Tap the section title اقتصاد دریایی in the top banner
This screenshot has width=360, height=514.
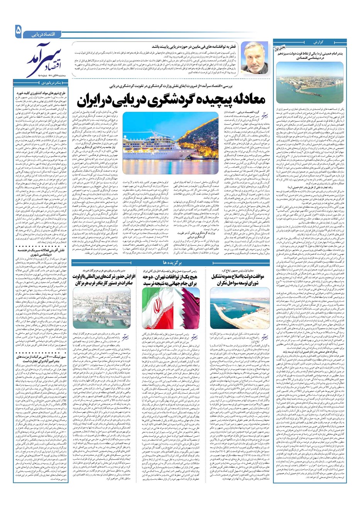[x=44, y=35]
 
